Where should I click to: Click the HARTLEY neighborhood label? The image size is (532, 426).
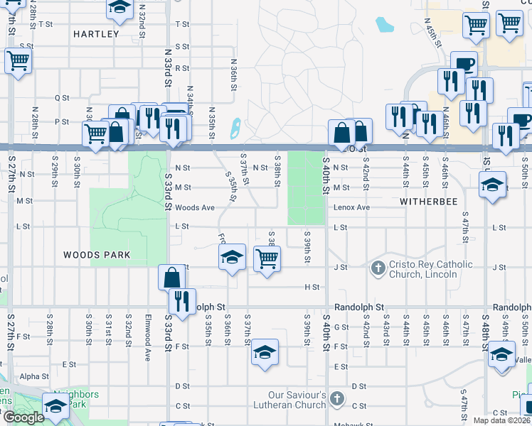[96, 33]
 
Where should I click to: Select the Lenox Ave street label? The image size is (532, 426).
[353, 207]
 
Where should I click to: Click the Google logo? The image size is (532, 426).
[23, 417]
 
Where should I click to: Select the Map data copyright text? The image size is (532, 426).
[501, 420]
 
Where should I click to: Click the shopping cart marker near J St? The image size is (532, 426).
[267, 260]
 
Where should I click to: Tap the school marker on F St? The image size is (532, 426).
[264, 353]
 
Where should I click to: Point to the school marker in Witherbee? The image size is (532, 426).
[491, 185]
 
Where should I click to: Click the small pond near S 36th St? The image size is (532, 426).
[235, 129]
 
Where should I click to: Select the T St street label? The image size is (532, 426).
[46, 24]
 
